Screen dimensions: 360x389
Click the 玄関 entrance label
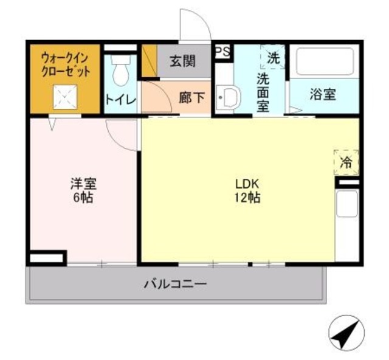pyautogui.click(x=182, y=61)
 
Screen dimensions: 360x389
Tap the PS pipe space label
pyautogui.click(x=222, y=52)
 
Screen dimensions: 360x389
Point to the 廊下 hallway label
pyautogui.click(x=193, y=97)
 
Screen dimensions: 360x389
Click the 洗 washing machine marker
pyautogui.click(x=274, y=58)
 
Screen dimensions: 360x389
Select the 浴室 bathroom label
pyautogui.click(x=324, y=95)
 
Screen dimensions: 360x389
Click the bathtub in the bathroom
pyautogui.click(x=323, y=63)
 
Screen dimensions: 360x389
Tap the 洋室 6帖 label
pyautogui.click(x=83, y=190)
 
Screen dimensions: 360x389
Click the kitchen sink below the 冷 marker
pyautogui.click(x=348, y=204)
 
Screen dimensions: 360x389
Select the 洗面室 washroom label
pyautogui.click(x=263, y=92)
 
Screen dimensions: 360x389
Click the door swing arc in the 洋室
pyautogui.click(x=120, y=134)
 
